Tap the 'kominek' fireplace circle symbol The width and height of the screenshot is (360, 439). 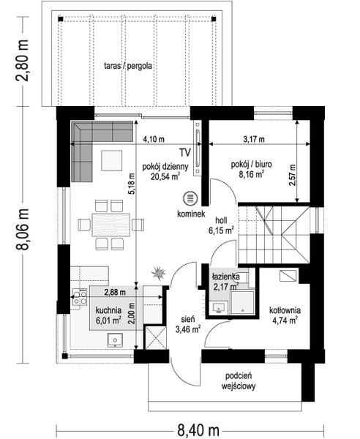tap(190, 198)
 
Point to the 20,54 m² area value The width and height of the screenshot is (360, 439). tap(166, 176)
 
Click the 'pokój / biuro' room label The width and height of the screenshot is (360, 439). tap(251, 165)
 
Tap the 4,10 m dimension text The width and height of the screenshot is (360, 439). tap(154, 138)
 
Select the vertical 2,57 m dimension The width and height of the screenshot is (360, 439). tap(292, 174)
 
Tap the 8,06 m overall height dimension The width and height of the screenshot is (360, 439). tap(24, 231)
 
